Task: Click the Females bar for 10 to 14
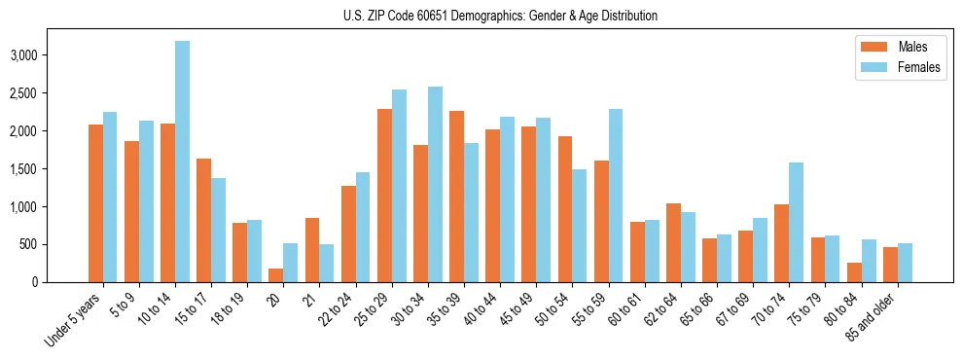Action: (x=183, y=162)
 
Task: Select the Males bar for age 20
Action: (x=276, y=275)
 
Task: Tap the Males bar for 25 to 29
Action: (x=385, y=196)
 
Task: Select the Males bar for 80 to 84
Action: (x=854, y=272)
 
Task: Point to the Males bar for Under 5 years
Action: (x=95, y=203)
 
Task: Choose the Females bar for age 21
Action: (x=327, y=263)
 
